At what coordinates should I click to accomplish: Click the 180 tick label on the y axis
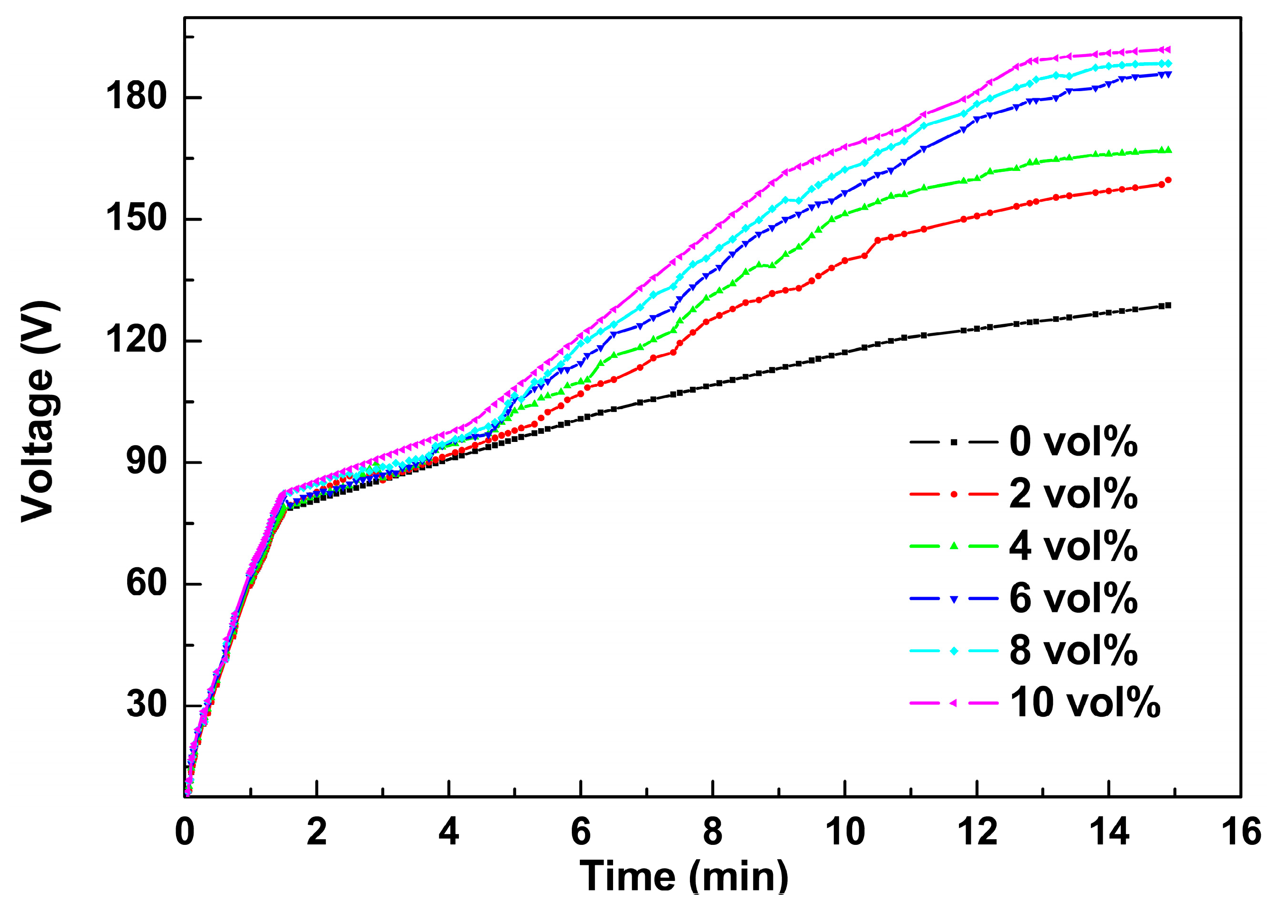tap(136, 96)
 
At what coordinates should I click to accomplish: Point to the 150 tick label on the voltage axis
tap(136, 218)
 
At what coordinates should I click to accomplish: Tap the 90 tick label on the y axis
tap(147, 462)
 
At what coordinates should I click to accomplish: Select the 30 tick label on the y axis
tap(147, 705)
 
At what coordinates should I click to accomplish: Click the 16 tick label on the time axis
tap(1241, 832)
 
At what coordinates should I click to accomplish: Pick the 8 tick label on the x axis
tap(712, 832)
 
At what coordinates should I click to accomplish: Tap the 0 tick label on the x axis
tap(185, 832)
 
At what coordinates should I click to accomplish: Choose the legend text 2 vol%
tap(1073, 494)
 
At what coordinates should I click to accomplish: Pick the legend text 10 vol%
tap(1085, 703)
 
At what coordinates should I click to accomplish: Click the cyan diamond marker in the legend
tap(954, 650)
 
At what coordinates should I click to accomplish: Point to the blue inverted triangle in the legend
tap(954, 599)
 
